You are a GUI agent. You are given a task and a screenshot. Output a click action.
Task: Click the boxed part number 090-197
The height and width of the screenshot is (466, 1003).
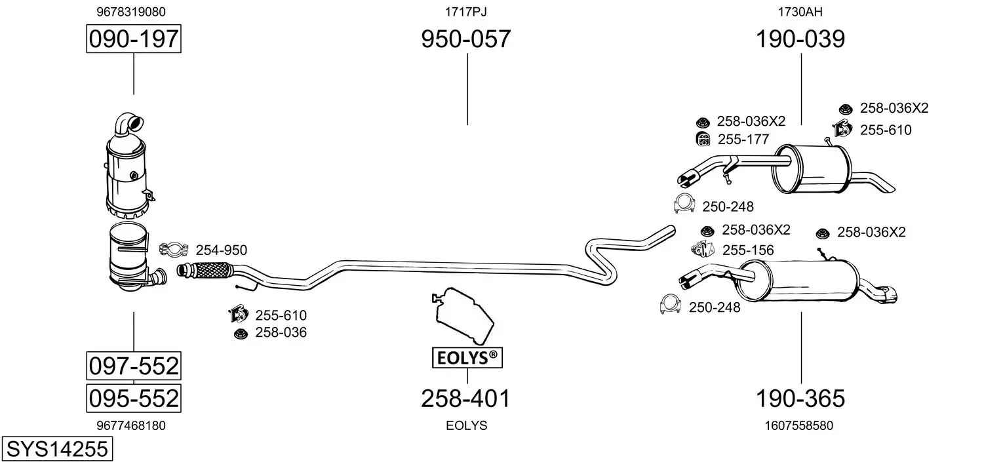click(x=134, y=39)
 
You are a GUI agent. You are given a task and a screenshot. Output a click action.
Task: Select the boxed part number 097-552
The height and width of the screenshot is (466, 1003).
click(x=134, y=366)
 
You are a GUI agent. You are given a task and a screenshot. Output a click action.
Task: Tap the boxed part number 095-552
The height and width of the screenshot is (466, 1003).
click(x=134, y=398)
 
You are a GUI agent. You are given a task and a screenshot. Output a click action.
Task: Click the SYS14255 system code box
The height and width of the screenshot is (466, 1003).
click(x=57, y=448)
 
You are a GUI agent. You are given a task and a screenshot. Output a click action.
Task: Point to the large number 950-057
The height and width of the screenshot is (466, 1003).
click(x=465, y=39)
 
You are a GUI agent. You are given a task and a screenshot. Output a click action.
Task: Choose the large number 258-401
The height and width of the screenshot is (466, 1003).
click(x=465, y=398)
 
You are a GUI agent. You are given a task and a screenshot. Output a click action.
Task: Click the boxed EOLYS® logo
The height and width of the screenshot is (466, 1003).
click(x=467, y=358)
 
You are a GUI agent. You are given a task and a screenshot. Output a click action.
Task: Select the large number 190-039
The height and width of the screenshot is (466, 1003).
click(x=800, y=39)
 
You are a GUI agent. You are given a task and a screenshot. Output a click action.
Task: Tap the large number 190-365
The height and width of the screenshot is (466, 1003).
click(x=800, y=398)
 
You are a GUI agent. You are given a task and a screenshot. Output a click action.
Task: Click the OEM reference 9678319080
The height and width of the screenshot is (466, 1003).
click(x=131, y=12)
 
